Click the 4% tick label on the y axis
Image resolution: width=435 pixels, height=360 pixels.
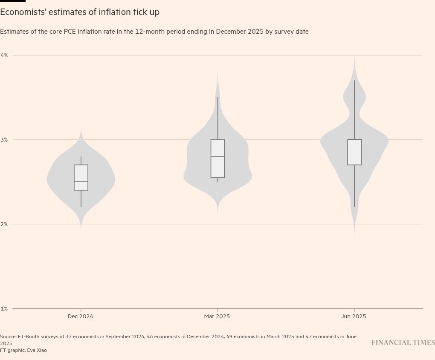pos(4,55)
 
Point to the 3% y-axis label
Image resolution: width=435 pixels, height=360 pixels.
pos(4,140)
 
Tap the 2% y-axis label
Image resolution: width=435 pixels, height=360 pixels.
pos(4,224)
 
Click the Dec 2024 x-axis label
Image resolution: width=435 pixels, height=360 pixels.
pos(80,316)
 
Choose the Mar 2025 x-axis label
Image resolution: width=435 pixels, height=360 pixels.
pos(217,316)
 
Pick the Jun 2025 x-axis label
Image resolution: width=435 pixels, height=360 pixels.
pos(354,316)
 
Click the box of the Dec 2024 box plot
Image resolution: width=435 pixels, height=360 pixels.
pos(81,173)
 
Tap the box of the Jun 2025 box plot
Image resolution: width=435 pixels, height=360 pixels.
pos(354,152)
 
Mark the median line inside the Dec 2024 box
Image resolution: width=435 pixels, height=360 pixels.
pos(81,182)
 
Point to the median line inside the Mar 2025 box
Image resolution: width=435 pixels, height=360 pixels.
pos(217,157)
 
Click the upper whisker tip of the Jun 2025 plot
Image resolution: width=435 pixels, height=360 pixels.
pos(354,81)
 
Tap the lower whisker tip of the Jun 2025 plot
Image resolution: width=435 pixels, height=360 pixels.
pos(354,207)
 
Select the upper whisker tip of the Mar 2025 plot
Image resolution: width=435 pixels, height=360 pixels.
pos(217,98)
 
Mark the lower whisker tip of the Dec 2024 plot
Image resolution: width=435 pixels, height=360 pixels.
pos(81,207)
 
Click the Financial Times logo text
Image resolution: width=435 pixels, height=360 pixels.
pos(403,343)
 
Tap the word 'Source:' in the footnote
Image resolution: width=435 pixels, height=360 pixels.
pos(8,337)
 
